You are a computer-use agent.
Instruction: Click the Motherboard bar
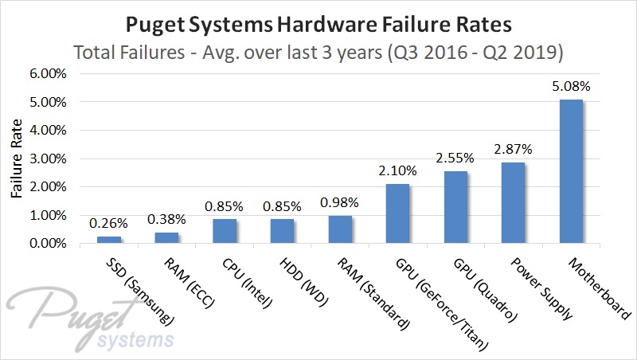pos(572,171)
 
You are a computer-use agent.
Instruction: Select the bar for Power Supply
pos(514,203)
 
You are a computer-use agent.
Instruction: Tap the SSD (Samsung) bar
pos(108,240)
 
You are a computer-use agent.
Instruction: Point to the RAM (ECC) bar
pos(166,237)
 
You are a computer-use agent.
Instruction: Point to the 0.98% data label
pos(340,202)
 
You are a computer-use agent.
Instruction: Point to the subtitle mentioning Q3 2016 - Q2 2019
pos(318,53)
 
